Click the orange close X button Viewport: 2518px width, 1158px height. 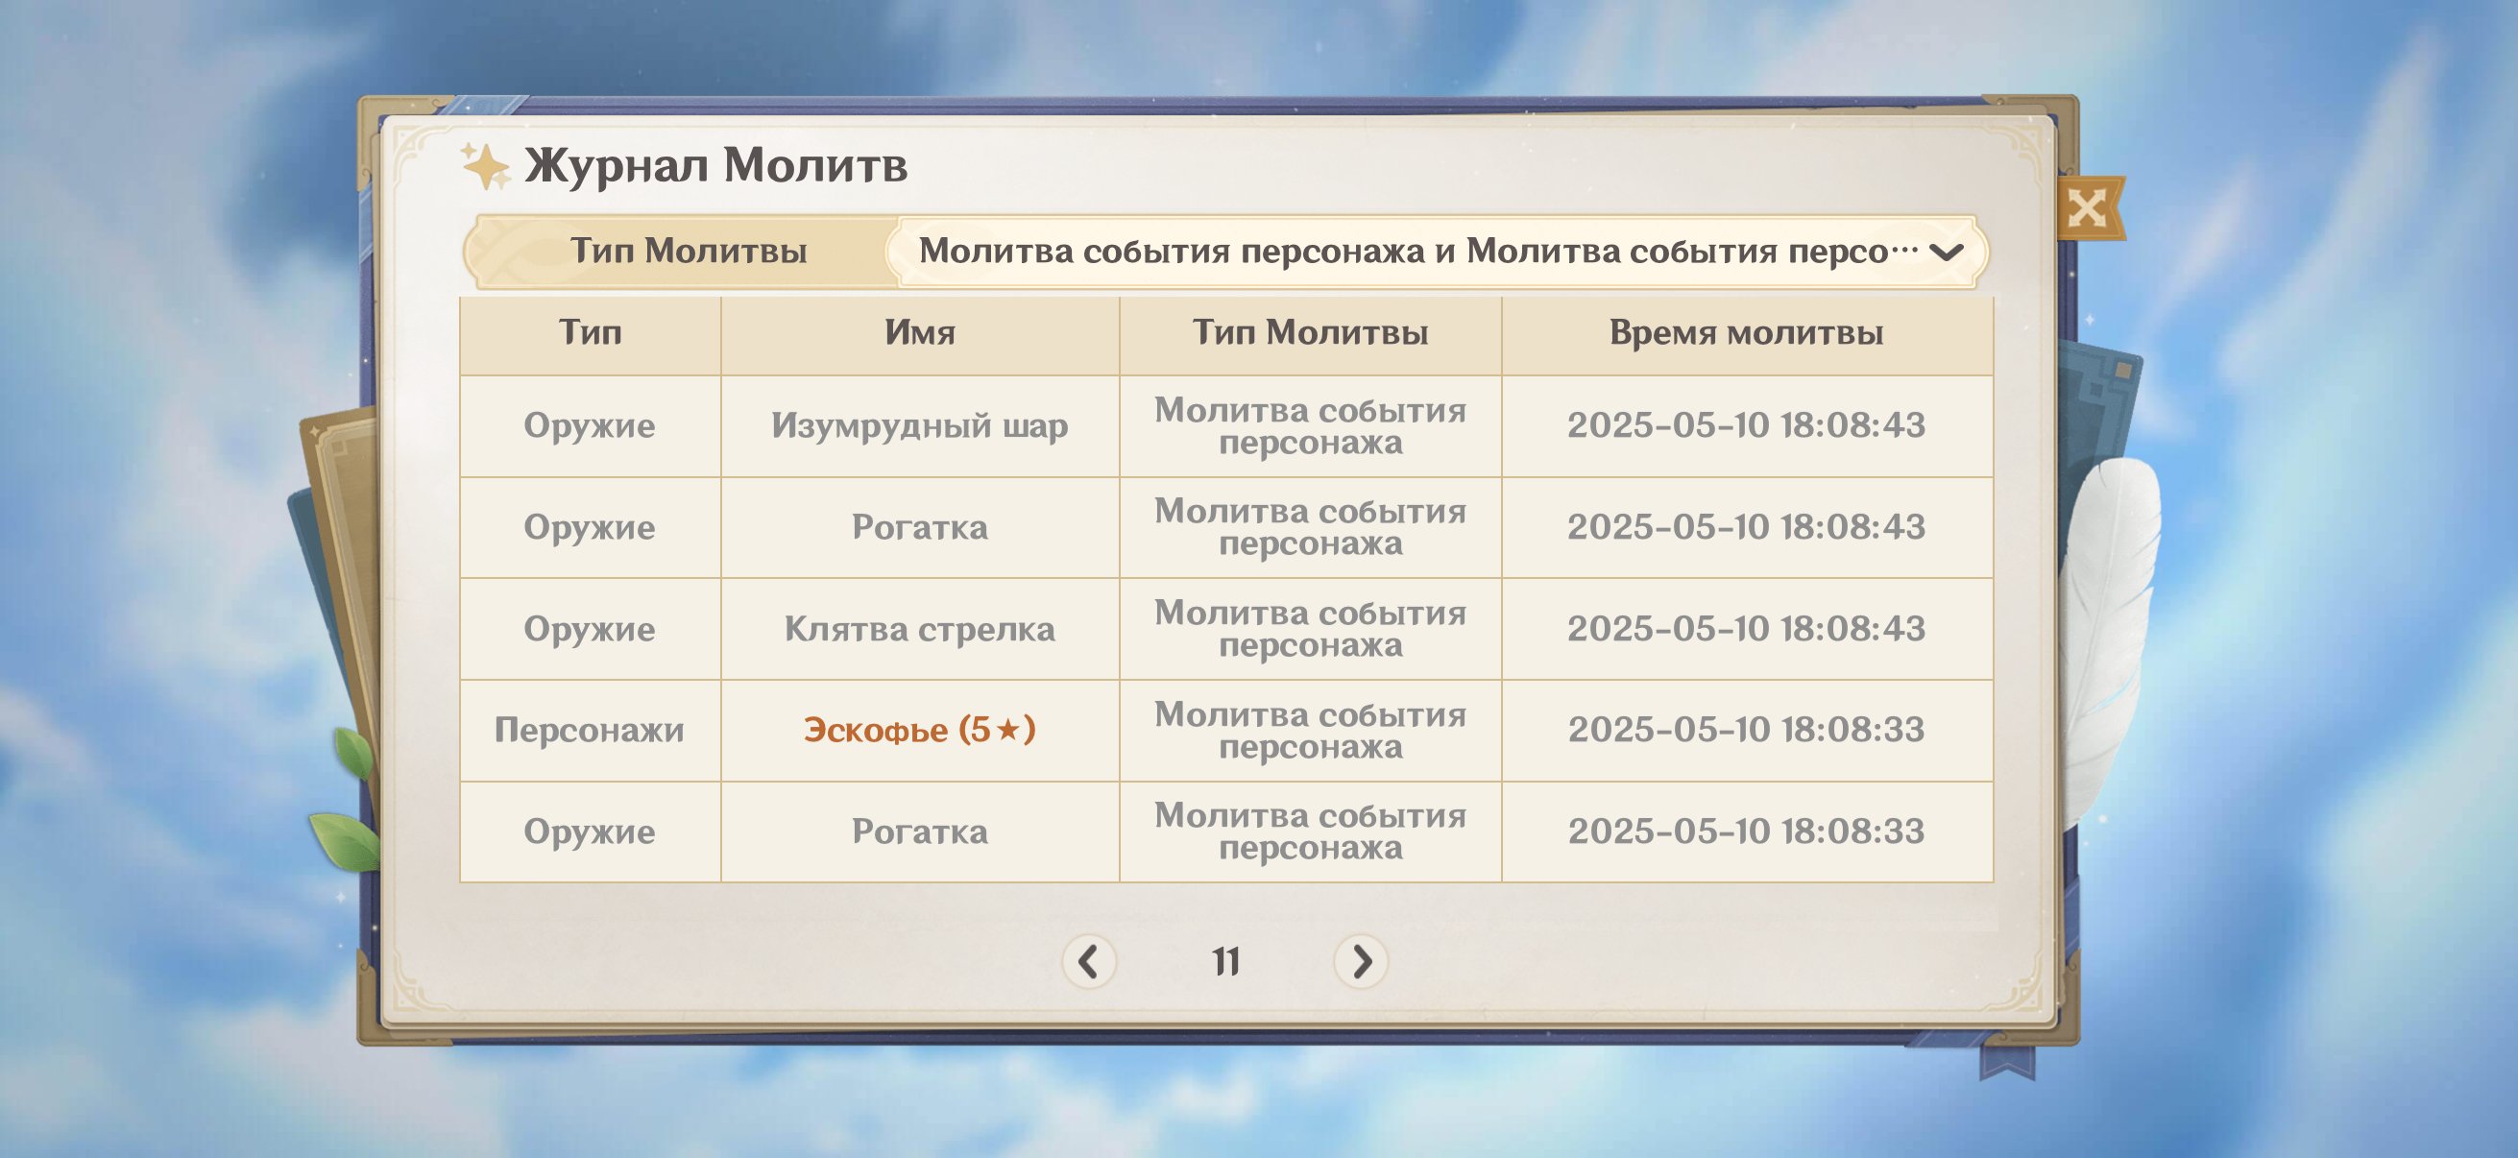(x=2089, y=207)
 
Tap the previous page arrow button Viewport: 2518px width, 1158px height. (x=1089, y=961)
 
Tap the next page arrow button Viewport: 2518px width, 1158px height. (x=1361, y=961)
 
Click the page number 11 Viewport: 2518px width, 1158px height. (x=1225, y=962)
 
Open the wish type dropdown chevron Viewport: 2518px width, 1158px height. (x=1947, y=253)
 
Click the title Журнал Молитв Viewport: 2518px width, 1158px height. (x=715, y=165)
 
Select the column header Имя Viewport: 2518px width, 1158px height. (x=920, y=333)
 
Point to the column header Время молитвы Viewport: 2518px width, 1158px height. (x=1746, y=333)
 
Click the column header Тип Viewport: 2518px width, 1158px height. (x=591, y=333)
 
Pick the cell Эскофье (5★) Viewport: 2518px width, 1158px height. (x=919, y=730)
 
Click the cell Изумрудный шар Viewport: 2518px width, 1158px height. (x=919, y=426)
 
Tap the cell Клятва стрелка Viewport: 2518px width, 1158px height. (x=919, y=629)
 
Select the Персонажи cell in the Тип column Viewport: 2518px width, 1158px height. (x=590, y=731)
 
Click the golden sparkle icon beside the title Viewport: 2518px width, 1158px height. (x=486, y=165)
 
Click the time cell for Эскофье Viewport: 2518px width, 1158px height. (x=1746, y=730)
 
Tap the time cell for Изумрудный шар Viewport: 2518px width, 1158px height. (x=1746, y=425)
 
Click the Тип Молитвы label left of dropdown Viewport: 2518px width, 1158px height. (x=689, y=252)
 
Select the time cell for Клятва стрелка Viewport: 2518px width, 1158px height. (x=1746, y=628)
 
